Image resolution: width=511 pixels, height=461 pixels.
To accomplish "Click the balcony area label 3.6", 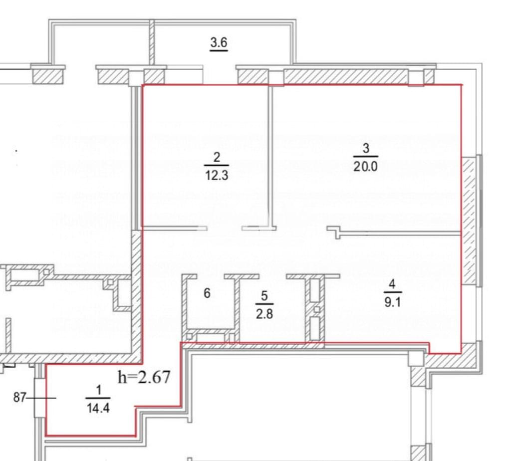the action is tap(219, 43).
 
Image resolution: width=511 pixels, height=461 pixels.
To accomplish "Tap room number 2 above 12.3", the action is tap(217, 158).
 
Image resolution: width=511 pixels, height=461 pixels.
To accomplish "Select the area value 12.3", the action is tap(217, 176).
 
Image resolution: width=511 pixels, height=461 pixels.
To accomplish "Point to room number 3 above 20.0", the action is tap(366, 149).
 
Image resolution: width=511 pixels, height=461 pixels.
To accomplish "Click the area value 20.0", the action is tap(366, 167).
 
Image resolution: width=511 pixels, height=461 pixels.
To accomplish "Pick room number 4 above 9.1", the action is tap(392, 284).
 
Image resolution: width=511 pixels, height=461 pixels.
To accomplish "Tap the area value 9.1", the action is tap(392, 302).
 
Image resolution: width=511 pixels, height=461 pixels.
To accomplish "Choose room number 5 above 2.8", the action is tap(264, 296).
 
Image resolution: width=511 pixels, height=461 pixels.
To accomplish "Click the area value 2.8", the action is tap(264, 314).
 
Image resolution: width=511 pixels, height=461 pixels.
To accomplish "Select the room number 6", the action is tap(207, 293).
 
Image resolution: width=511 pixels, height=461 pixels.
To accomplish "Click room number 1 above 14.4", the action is tap(98, 390).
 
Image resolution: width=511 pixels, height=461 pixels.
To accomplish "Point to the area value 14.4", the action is tap(98, 408).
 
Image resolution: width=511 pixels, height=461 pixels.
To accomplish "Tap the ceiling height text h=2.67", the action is tap(144, 377).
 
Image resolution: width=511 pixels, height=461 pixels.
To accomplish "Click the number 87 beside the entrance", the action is tap(19, 398).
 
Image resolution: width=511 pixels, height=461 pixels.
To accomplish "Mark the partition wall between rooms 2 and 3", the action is tap(270, 156).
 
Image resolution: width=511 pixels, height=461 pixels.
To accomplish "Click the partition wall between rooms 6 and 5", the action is tap(237, 306).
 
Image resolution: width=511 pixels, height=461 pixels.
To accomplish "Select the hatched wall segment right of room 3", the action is tap(468, 220).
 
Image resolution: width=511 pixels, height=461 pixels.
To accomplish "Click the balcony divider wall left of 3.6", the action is tap(152, 42).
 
